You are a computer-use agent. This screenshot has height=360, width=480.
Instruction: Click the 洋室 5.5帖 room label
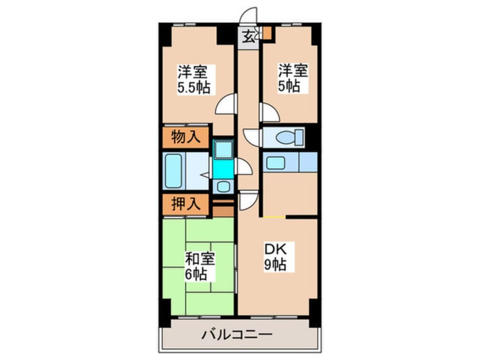[194, 79]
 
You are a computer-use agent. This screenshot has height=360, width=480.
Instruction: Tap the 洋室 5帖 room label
[293, 78]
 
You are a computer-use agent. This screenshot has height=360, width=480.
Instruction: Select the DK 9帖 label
[275, 257]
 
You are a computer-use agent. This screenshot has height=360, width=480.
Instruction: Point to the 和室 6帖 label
[200, 266]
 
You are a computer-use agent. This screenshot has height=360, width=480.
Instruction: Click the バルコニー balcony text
[237, 334]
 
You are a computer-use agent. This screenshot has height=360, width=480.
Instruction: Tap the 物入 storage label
[186, 137]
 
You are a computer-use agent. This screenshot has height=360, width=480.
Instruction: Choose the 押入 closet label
[186, 204]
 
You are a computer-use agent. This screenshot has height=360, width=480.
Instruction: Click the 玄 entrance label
[249, 37]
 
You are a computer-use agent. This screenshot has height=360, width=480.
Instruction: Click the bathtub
[173, 171]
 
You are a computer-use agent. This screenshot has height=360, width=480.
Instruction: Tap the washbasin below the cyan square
[224, 186]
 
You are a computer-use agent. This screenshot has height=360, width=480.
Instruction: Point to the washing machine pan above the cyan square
[224, 150]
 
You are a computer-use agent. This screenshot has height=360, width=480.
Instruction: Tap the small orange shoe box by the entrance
[267, 33]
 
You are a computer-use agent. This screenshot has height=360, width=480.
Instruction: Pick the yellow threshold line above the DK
[274, 217]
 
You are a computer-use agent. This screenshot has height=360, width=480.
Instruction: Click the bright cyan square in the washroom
[223, 169]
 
